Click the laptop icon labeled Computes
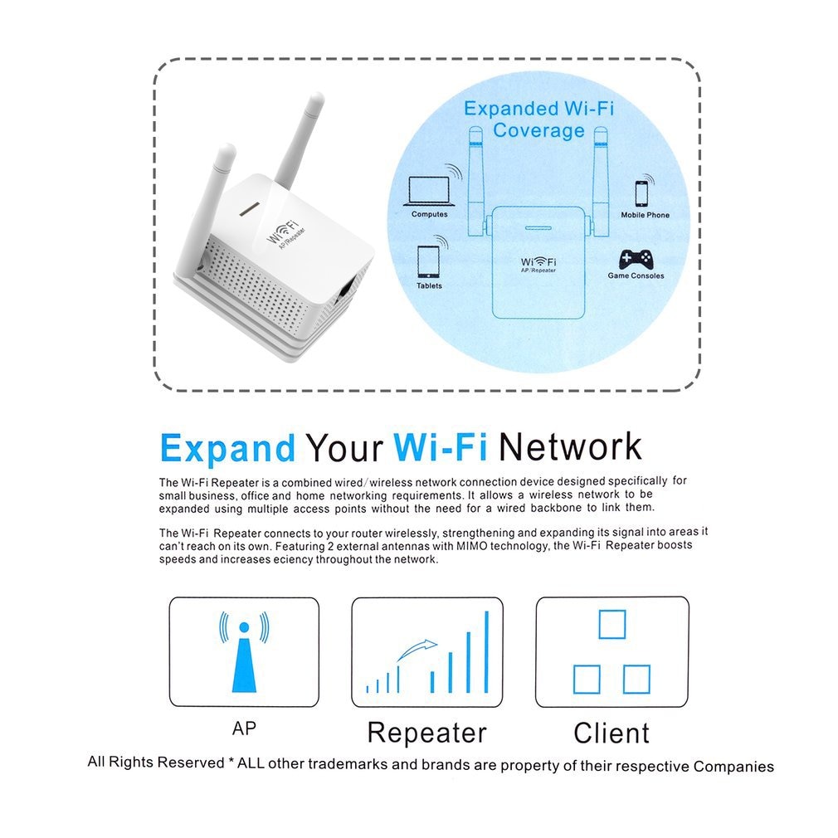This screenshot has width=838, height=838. (x=429, y=192)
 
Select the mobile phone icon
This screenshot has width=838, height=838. (x=641, y=192)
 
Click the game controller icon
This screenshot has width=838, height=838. (x=636, y=258)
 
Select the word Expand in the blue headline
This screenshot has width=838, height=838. (x=227, y=448)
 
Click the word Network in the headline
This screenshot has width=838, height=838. (x=570, y=446)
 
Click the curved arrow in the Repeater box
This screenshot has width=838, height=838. (x=417, y=648)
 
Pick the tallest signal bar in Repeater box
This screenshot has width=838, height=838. (x=486, y=652)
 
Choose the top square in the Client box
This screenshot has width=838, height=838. (x=612, y=624)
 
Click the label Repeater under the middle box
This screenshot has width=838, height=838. (x=426, y=733)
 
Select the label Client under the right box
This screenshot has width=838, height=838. (x=611, y=733)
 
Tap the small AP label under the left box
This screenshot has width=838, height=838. (x=244, y=728)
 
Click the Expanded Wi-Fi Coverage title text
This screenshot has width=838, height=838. (x=538, y=119)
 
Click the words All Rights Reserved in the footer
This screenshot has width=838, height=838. (x=156, y=762)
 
